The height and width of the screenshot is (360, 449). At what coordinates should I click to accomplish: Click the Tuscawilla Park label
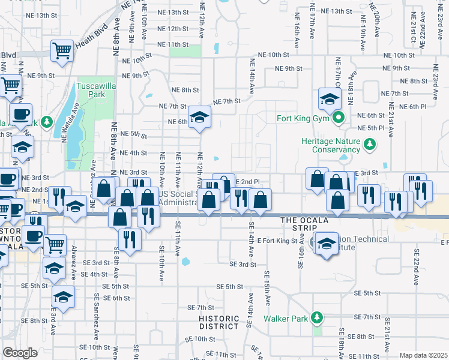[95, 90]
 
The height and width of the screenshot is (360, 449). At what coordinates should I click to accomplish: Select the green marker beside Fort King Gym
[338, 118]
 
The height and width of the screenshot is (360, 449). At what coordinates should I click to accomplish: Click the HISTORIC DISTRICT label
[220, 322]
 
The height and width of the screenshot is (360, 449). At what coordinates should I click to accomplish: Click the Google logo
[20, 353]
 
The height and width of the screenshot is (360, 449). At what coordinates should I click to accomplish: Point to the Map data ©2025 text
[423, 355]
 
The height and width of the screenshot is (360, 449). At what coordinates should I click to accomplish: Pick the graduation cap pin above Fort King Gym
[330, 98]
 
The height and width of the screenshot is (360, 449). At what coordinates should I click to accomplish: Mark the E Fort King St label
[277, 241]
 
